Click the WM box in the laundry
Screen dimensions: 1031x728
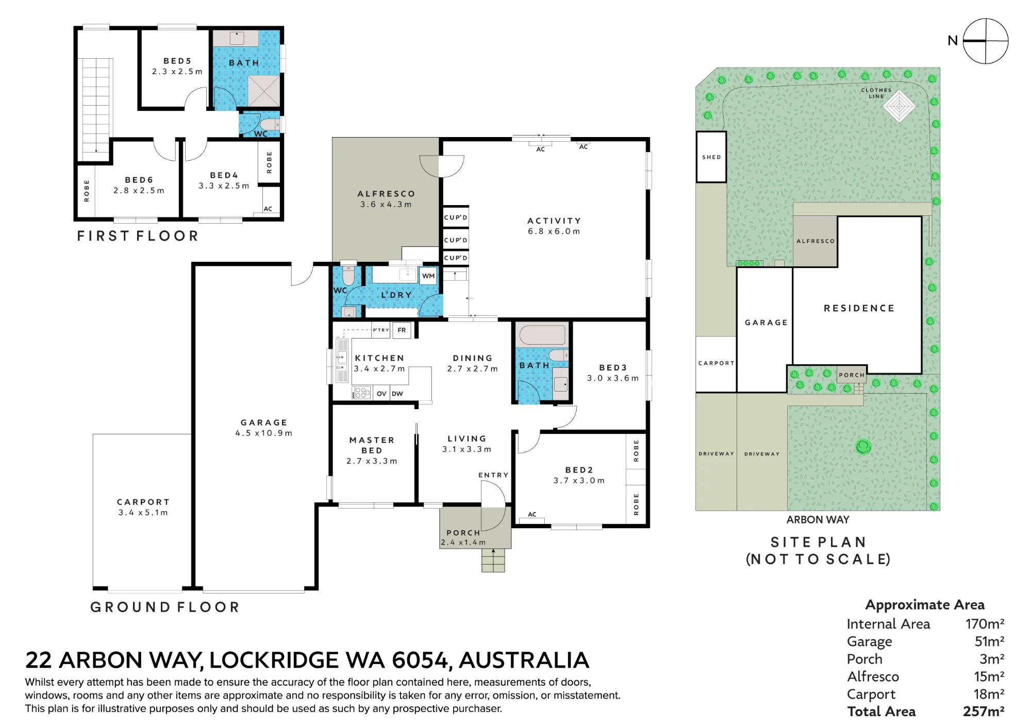tap(428, 276)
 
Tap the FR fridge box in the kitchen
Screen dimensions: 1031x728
tap(402, 330)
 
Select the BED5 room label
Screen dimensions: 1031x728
tap(177, 61)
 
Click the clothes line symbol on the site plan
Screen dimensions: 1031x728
tap(899, 106)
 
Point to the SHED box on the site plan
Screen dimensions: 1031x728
tap(711, 157)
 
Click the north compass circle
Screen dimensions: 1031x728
tap(986, 41)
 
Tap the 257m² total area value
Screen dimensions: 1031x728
tap(984, 712)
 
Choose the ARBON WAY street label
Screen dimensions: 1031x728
tap(818, 520)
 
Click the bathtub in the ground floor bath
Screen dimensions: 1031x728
tap(542, 335)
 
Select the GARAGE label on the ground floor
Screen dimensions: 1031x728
tap(264, 422)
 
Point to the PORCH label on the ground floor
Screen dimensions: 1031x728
tap(463, 533)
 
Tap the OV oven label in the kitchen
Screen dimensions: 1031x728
tap(381, 394)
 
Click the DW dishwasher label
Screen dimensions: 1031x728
tap(397, 394)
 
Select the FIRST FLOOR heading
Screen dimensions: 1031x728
tap(138, 236)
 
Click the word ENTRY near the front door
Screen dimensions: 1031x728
tap(493, 475)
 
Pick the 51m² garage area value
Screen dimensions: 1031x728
tap(989, 641)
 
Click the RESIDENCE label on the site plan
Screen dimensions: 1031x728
tap(859, 308)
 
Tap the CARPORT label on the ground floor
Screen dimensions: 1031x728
tap(143, 502)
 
